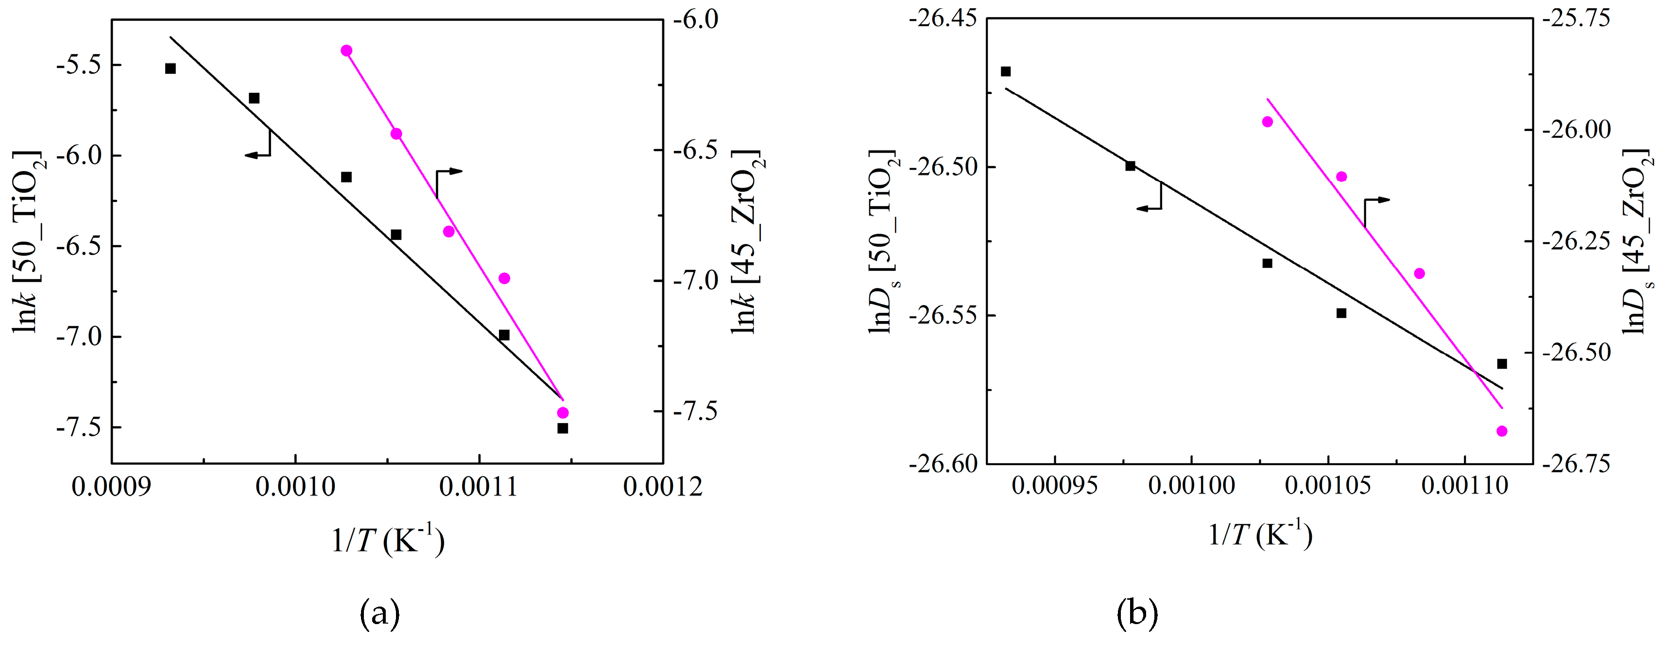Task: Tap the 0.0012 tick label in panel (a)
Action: tap(663, 486)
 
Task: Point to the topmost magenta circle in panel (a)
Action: tap(346, 51)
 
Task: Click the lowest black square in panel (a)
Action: tap(562, 428)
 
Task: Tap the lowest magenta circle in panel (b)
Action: tap(1501, 431)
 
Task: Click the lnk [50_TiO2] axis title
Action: tap(26, 241)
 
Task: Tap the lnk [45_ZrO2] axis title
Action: tap(745, 241)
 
